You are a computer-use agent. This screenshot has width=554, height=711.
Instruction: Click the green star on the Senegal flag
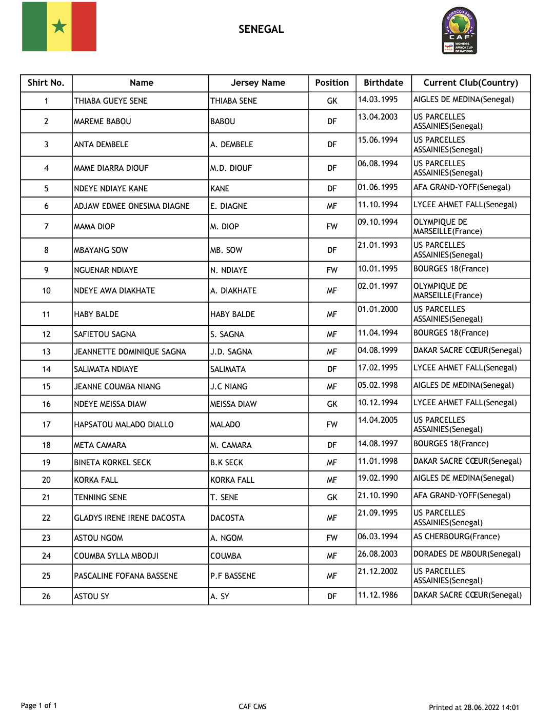pyautogui.click(x=60, y=26)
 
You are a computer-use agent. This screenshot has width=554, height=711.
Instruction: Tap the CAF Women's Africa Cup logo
pyautogui.click(x=460, y=31)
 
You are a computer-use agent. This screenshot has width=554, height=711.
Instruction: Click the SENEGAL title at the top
pyautogui.click(x=261, y=29)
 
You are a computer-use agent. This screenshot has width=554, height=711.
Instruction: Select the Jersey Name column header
pyautogui.click(x=258, y=83)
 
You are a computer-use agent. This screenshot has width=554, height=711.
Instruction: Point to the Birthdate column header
pyautogui.click(x=383, y=83)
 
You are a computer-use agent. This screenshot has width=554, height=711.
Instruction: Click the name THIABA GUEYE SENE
pyautogui.click(x=111, y=101)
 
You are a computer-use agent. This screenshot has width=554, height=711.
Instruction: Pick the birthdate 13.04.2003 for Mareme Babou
pyautogui.click(x=378, y=117)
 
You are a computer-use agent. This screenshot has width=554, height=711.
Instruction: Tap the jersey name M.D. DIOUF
pyautogui.click(x=231, y=168)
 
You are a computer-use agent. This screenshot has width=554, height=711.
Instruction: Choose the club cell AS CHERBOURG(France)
pyautogui.click(x=457, y=537)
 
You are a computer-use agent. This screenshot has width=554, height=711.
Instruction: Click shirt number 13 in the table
pyautogui.click(x=46, y=352)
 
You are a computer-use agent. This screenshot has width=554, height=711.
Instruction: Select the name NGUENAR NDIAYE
pyautogui.click(x=106, y=270)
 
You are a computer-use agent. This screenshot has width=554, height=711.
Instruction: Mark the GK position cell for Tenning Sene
pyautogui.click(x=332, y=498)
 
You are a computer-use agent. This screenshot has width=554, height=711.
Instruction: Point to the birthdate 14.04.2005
pyautogui.click(x=378, y=420)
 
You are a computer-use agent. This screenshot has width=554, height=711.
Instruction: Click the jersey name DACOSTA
pyautogui.click(x=227, y=518)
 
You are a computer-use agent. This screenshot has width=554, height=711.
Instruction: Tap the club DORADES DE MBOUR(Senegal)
pyautogui.click(x=467, y=554)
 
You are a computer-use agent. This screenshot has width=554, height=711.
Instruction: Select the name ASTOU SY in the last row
pyautogui.click(x=92, y=597)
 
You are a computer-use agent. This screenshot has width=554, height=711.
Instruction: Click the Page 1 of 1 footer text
pyautogui.click(x=39, y=706)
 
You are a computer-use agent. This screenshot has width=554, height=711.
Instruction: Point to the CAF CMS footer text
pyautogui.click(x=252, y=706)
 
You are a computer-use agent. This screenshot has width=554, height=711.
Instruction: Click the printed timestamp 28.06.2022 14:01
pyautogui.click(x=491, y=707)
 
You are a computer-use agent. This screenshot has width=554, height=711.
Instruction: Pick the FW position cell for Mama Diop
pyautogui.click(x=332, y=227)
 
